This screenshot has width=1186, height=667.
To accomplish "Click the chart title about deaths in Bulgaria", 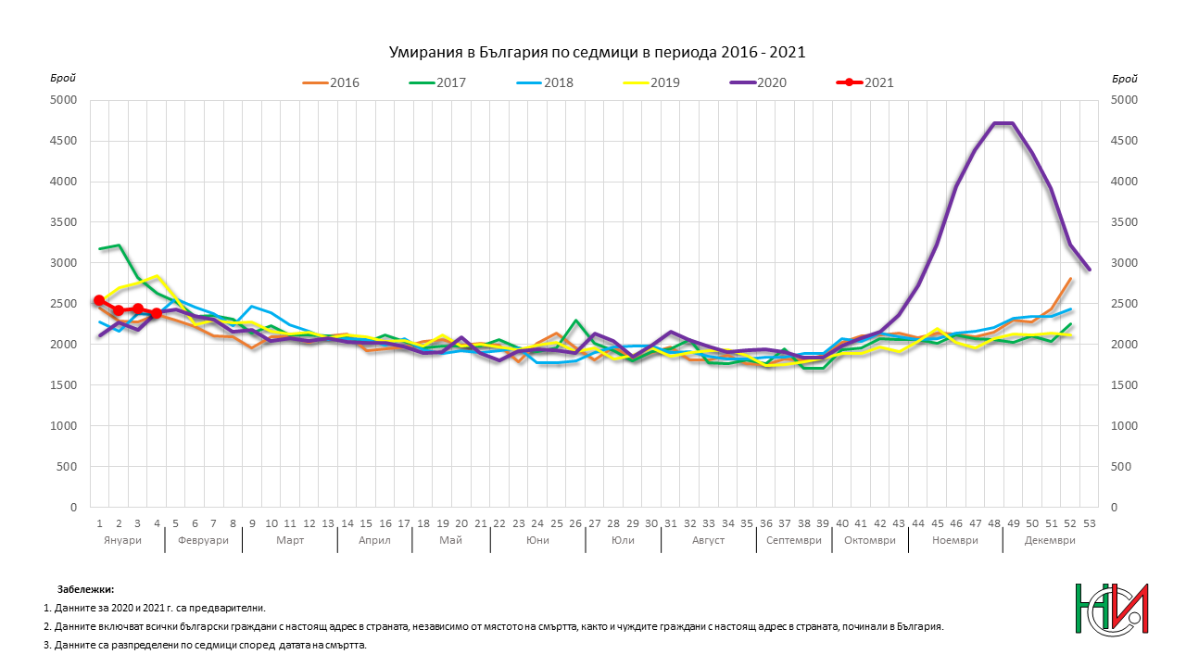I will (596, 53).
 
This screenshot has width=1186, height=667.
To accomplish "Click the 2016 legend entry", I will (331, 82).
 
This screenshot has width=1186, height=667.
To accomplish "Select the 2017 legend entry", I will (437, 82).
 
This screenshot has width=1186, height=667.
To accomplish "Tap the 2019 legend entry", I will (651, 82).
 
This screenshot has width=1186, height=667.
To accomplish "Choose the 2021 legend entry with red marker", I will (865, 82).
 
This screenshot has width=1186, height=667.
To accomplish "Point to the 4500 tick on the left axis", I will (67, 141).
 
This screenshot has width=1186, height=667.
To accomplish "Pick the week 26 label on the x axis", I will (575, 523).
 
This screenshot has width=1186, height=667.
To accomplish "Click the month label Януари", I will (123, 540).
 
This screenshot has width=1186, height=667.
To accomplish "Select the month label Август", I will (708, 540).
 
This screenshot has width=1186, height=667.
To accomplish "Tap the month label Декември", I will (1050, 540).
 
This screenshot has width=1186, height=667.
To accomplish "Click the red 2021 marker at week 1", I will (99, 300).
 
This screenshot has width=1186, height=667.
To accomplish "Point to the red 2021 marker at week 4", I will (157, 313).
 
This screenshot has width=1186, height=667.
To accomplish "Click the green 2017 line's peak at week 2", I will (119, 245).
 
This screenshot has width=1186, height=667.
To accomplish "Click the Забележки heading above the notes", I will (85, 589).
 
